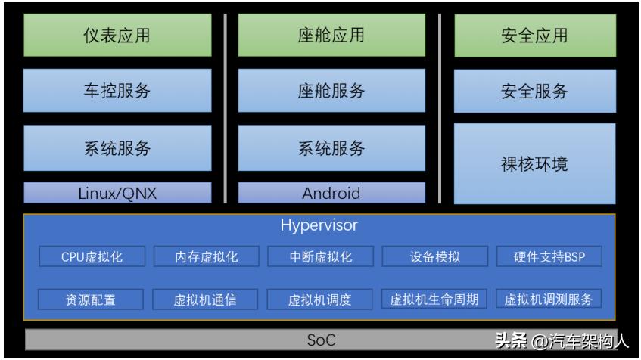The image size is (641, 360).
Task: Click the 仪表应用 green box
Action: [117, 36]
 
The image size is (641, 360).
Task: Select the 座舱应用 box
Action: [331, 36]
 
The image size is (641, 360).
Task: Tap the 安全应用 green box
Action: [534, 36]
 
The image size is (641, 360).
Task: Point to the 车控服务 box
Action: [117, 91]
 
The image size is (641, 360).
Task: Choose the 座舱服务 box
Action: [331, 91]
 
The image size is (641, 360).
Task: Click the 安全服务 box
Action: [534, 91]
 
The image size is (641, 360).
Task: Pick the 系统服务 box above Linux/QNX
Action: [117, 148]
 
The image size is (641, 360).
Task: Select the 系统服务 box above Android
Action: [331, 148]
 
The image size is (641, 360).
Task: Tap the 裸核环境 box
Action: [534, 163]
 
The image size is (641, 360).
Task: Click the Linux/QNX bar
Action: [117, 193]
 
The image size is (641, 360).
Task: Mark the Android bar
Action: [331, 193]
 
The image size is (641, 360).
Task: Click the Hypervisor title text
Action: [319, 225]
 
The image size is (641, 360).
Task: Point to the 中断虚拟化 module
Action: [319, 257]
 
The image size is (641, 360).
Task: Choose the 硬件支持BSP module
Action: [549, 257]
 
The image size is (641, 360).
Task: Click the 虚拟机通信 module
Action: [205, 299]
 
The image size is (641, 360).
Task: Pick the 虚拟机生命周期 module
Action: [434, 299]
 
